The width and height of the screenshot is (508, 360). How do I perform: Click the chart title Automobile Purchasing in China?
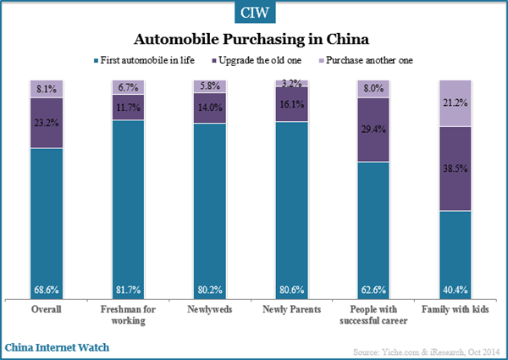(x=253, y=40)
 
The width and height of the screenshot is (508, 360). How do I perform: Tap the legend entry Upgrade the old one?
(x=260, y=61)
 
